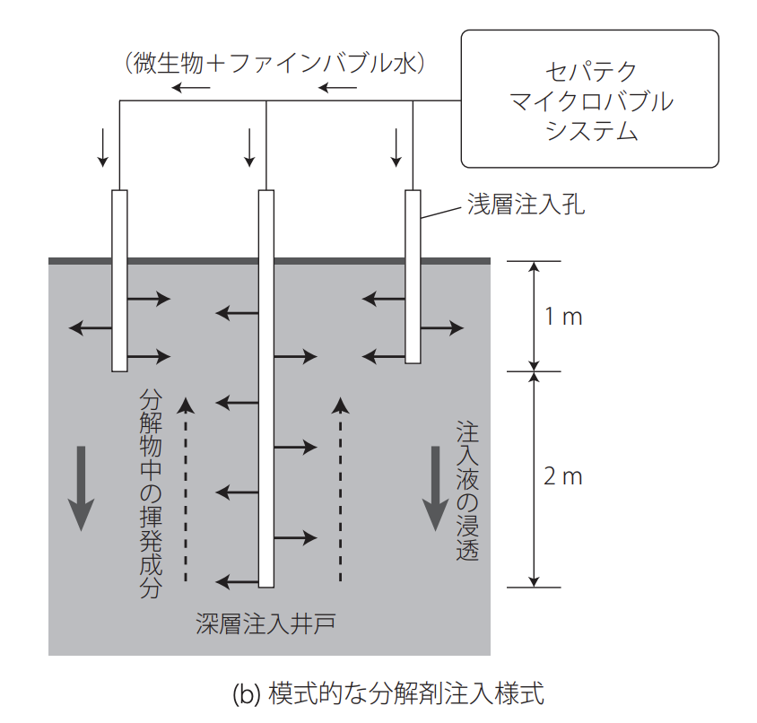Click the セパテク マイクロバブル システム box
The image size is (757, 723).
(x=589, y=99)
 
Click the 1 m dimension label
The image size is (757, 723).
(x=564, y=317)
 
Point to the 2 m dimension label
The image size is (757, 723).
(x=564, y=476)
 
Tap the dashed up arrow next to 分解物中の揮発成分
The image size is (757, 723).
(x=187, y=489)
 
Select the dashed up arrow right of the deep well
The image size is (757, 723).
(x=339, y=489)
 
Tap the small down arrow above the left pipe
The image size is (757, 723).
(x=104, y=147)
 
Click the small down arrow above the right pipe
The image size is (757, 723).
(x=396, y=147)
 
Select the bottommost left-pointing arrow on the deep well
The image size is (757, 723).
(x=237, y=581)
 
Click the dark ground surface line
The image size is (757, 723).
(x=269, y=261)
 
